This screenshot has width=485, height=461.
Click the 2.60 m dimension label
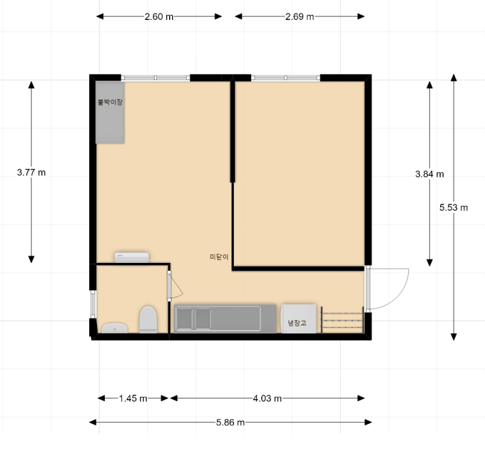159,17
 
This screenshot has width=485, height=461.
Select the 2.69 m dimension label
299,17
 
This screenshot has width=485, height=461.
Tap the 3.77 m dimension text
32,173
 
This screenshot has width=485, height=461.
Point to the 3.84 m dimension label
429,174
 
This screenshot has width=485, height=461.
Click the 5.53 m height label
453,208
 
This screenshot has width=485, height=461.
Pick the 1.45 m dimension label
133,399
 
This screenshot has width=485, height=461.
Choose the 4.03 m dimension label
267,399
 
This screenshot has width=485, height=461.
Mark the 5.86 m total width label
230,422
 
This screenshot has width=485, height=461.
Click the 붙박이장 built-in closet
110,113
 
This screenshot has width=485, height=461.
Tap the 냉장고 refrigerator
299,319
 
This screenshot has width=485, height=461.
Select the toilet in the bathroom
148,319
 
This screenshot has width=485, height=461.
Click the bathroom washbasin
115,328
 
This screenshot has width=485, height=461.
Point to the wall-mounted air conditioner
132,257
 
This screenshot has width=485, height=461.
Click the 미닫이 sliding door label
219,257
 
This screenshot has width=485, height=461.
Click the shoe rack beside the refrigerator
343,320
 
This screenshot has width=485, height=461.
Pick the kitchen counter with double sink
225,319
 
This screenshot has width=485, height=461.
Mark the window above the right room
286,78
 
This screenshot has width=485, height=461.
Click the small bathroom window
93,304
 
